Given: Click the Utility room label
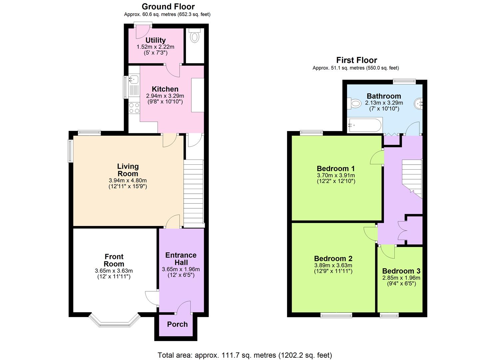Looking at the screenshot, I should [x=155, y=40].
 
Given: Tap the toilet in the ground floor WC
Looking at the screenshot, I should [x=194, y=36].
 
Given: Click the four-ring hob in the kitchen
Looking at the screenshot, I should [x=134, y=108].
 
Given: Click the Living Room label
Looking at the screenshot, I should [x=128, y=170].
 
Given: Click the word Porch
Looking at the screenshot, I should [x=177, y=324].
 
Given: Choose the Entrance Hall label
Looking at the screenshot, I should [x=181, y=259].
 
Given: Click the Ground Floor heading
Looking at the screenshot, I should [x=168, y=6].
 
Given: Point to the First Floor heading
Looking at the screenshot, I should [x=356, y=60].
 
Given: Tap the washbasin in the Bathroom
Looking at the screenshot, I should [x=419, y=104].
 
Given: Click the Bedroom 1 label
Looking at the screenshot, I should [x=335, y=169].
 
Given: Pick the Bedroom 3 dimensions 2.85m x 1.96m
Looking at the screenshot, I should [x=401, y=278].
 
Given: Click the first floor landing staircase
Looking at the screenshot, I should [x=412, y=178].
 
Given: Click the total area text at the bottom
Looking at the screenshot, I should [x=245, y=355].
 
